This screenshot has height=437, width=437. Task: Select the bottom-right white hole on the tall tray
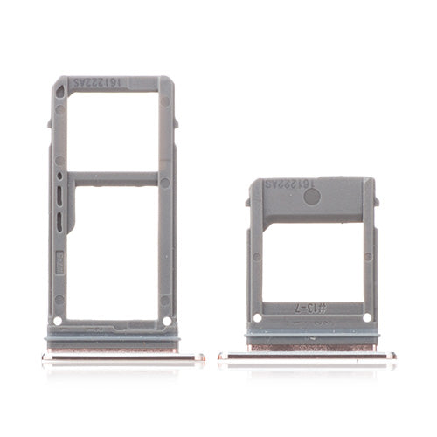[167, 320]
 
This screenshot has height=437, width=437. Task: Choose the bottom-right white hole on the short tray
[366, 317]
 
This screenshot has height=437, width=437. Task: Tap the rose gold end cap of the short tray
[307, 355]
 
